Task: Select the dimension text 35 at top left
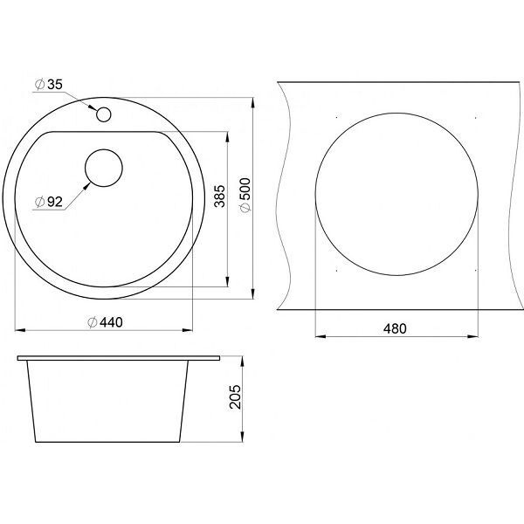(x=55, y=85)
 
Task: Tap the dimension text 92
(x=55, y=202)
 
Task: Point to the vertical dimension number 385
(x=219, y=196)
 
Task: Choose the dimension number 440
(x=111, y=322)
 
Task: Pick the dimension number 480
(x=395, y=329)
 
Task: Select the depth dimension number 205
(x=235, y=396)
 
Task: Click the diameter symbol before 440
(x=93, y=322)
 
